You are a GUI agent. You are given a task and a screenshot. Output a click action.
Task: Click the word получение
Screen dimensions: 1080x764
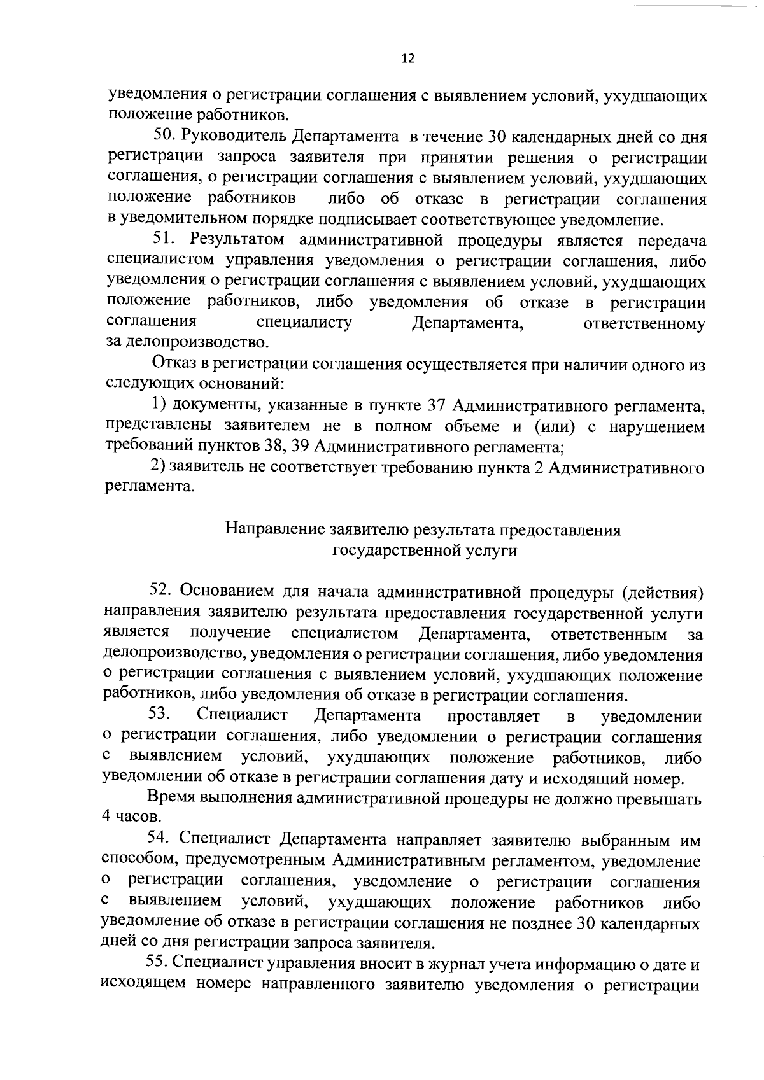(230, 633)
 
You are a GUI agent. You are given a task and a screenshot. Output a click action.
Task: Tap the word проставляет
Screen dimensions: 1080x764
(493, 717)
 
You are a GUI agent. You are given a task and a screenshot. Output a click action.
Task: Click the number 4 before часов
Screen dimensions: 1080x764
(106, 817)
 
